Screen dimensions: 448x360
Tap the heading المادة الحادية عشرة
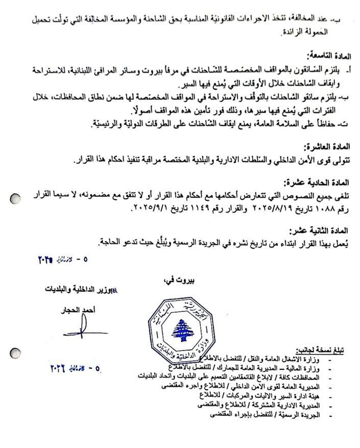317,182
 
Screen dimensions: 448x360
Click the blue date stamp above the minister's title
62,259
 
